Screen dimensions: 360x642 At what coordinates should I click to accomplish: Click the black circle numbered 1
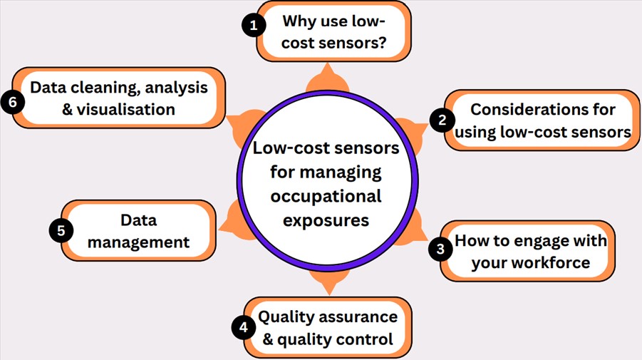252,26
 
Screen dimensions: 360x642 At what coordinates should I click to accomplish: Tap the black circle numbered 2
442,120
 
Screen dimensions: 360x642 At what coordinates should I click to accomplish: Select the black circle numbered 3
440,249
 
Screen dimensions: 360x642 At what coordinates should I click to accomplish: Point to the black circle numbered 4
244,328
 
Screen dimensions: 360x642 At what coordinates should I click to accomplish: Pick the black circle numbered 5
61,231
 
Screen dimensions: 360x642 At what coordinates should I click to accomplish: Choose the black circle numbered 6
12,101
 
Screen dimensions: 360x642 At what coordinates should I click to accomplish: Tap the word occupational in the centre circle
326,196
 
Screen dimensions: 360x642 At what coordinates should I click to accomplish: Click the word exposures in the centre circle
326,220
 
